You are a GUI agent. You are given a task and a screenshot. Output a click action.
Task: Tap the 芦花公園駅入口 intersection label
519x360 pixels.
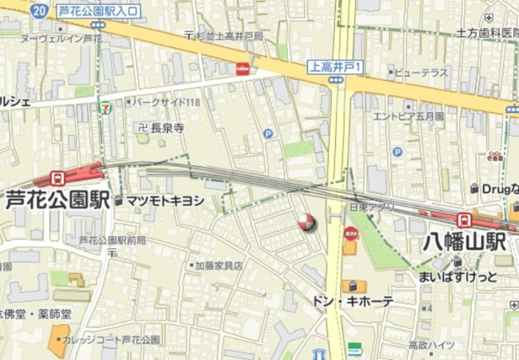[99, 11]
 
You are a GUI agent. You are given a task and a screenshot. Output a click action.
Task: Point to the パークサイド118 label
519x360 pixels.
[166, 102]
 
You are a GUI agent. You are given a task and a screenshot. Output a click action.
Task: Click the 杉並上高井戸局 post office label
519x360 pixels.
[228, 36]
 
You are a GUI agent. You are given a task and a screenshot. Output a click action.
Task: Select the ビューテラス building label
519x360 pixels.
[418, 73]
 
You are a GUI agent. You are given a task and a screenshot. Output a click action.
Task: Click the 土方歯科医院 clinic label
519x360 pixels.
[487, 34]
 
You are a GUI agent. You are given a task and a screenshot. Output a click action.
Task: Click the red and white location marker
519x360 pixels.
[307, 222]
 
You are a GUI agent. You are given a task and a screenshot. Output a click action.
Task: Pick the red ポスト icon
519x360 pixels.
[351, 234]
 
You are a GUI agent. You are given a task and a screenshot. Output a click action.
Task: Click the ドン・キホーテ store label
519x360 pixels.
[353, 301]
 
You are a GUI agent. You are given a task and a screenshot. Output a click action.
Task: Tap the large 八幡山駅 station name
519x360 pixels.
[464, 242]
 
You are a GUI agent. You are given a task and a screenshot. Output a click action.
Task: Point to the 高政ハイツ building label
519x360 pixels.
[431, 345]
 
